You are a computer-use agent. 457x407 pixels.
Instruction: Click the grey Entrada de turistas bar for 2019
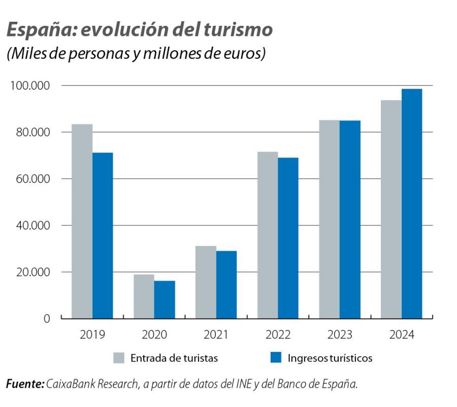pyautogui.click(x=82, y=221)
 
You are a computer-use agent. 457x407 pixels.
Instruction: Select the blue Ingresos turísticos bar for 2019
pyautogui.click(x=103, y=235)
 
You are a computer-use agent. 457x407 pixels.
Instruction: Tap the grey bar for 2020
pyautogui.click(x=144, y=296)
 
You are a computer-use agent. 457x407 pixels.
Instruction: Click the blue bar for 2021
pyautogui.click(x=226, y=284)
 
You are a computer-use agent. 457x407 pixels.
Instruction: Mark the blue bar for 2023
pyautogui.click(x=350, y=219)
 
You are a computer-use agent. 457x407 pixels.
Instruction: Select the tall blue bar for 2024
pyautogui.click(x=412, y=203)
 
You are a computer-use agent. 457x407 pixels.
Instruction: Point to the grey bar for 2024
pyautogui.click(x=391, y=209)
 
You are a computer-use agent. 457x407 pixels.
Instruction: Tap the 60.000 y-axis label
pyautogui.click(x=32, y=179)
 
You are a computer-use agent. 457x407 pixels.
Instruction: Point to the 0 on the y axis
pyautogui.click(x=47, y=319)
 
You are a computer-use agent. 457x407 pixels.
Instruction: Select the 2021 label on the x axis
pyautogui.click(x=216, y=335)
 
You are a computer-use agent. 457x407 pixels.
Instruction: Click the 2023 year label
pyautogui.click(x=340, y=335)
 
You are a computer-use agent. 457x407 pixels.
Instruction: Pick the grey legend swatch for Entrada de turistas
pyautogui.click(x=118, y=358)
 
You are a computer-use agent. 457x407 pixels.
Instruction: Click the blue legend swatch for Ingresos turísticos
pyautogui.click(x=275, y=358)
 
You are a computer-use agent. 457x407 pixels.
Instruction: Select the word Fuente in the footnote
pyautogui.click(x=24, y=384)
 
